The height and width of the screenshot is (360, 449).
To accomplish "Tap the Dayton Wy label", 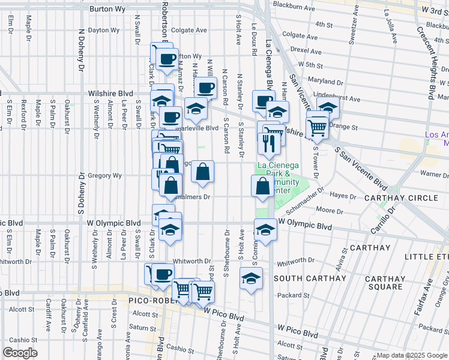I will click(103, 29).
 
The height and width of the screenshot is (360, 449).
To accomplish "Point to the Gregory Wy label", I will click(105, 176).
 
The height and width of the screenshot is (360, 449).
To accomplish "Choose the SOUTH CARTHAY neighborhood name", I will click(310, 278).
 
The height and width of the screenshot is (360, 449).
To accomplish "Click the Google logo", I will click(20, 352).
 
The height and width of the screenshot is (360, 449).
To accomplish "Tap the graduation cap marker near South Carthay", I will click(251, 278).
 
